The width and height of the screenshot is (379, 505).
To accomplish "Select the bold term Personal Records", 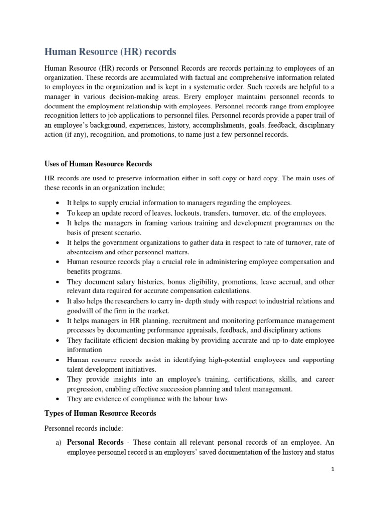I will pyautogui.click(x=95, y=443).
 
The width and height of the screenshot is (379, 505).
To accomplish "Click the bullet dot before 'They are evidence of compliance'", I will pyautogui.click(x=58, y=399).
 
